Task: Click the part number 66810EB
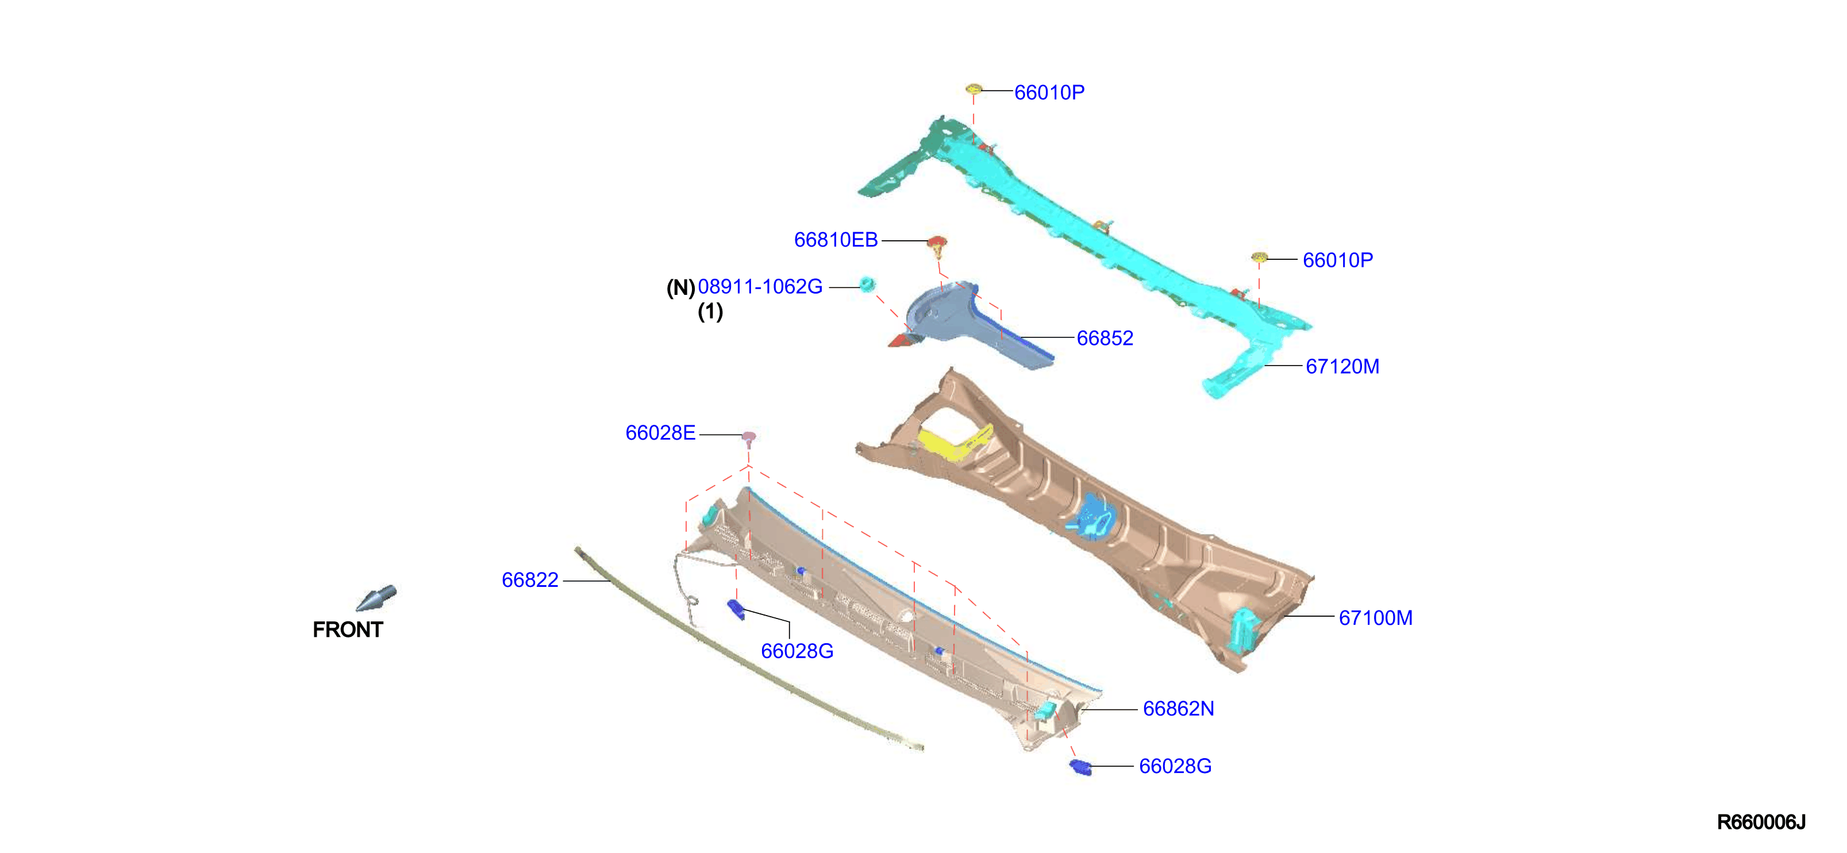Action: pos(836,240)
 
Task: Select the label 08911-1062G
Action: pos(760,286)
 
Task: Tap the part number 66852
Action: pos(1105,338)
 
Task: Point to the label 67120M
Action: pos(1342,367)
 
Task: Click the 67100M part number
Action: pos(1375,618)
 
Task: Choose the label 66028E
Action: pos(660,433)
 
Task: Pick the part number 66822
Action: pos(530,579)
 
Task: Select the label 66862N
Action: pos(1178,709)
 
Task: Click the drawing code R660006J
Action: pos(1761,822)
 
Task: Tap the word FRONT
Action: pos(348,629)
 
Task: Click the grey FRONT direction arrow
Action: pos(376,598)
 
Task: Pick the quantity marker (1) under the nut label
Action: pos(710,312)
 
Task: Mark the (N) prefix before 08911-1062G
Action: pos(680,287)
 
